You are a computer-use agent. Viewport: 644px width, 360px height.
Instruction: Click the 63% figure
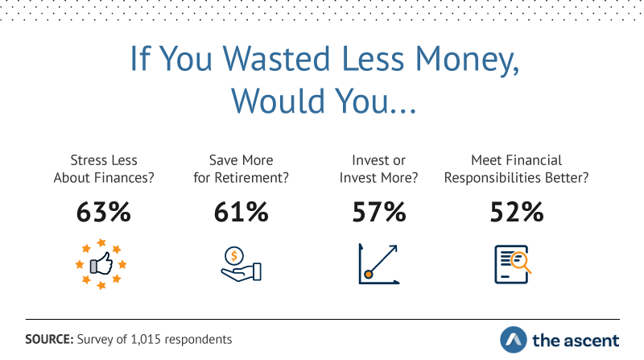[x=104, y=212]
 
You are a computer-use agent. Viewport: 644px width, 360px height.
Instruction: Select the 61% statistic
[x=241, y=212]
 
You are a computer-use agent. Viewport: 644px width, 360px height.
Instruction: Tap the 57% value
[x=379, y=212]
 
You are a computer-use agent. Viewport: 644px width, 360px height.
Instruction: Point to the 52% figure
[x=517, y=212]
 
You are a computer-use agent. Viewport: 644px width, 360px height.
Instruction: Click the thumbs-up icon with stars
[x=101, y=264]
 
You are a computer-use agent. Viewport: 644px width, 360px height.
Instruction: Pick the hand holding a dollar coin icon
[x=241, y=264]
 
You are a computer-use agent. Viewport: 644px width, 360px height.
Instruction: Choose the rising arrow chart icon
[x=378, y=264]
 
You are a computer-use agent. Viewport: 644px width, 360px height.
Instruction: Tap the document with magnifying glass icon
[x=513, y=265]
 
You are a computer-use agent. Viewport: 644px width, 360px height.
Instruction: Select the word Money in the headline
[x=467, y=60]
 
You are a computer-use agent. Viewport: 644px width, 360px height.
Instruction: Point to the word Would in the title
[x=279, y=101]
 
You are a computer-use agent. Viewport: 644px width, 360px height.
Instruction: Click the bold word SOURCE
[x=49, y=339]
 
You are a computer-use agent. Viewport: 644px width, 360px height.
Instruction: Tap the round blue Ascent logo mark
[x=514, y=340]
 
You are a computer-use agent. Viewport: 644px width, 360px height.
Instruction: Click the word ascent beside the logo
[x=588, y=341]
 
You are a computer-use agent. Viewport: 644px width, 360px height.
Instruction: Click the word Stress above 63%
[x=86, y=159]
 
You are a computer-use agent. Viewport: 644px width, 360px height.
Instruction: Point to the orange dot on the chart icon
[x=369, y=274]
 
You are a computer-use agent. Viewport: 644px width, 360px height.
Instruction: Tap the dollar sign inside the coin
[x=233, y=256]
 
